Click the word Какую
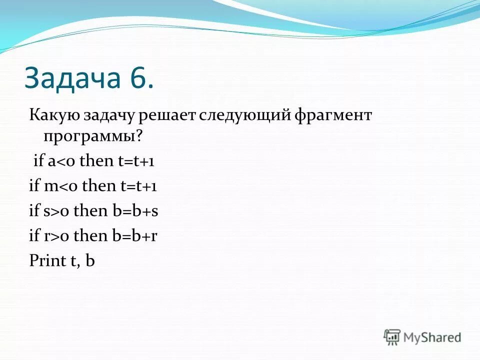click(x=52, y=116)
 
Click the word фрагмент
click(x=333, y=116)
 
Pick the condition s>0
click(x=57, y=210)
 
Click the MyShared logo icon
click(x=392, y=336)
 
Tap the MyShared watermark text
click(x=432, y=337)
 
